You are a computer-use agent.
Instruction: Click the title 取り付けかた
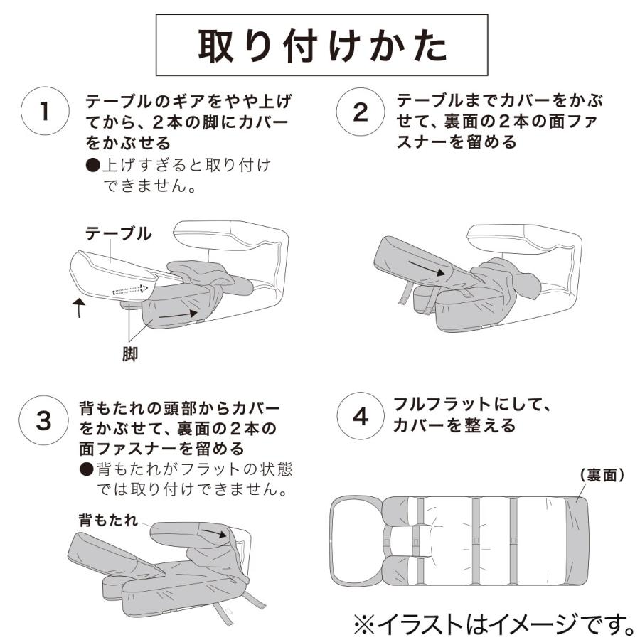coord(322,46)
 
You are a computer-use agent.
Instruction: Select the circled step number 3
coord(44,420)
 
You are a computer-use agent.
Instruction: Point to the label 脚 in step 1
coord(130,354)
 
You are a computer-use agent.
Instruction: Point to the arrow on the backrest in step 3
coord(212,532)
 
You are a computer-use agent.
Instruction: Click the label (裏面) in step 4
coord(602,475)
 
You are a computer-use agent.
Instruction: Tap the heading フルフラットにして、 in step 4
coord(474,405)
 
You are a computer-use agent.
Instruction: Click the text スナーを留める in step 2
coord(457,142)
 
